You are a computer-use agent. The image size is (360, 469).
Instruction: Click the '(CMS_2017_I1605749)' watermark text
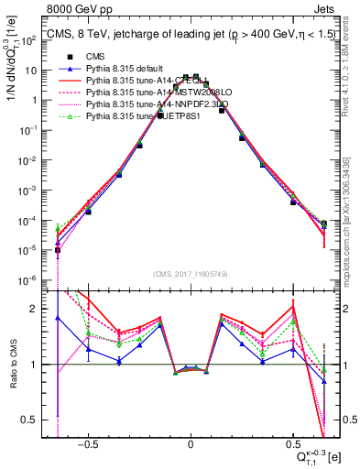[x=191, y=275]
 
